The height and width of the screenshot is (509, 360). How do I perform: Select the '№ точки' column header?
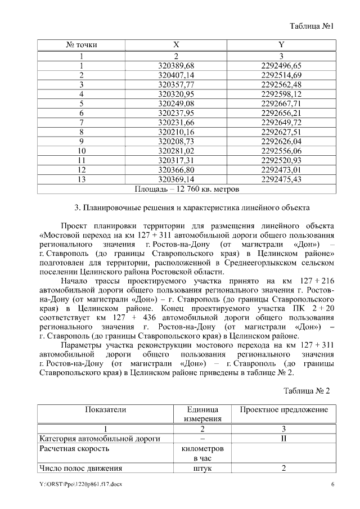click(82, 44)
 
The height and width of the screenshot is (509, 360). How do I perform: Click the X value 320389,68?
click(176, 65)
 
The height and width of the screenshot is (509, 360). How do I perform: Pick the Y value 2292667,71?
click(281, 103)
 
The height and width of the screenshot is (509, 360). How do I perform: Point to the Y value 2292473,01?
click(281, 169)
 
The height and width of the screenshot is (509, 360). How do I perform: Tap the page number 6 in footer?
click(332, 485)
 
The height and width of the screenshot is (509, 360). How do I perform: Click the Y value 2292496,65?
click(281, 65)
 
